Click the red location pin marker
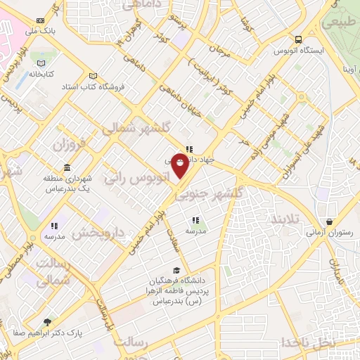(180, 167)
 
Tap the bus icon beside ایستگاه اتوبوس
(300, 40)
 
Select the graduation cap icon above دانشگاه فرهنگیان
(176, 270)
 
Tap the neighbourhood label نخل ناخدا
(309, 342)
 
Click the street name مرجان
(219, 51)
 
